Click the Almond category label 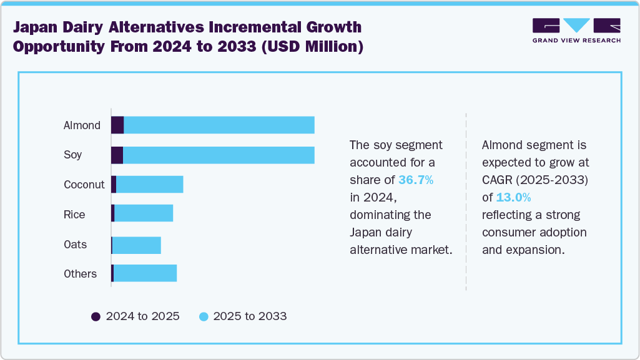(x=82, y=125)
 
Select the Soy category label (x=72, y=155)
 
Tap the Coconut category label (x=84, y=185)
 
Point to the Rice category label (x=74, y=215)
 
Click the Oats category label (x=75, y=245)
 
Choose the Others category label (x=80, y=274)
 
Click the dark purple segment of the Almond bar (x=117, y=125)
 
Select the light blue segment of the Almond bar (x=219, y=125)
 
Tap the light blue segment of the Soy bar (x=219, y=155)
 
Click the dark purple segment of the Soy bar (x=117, y=155)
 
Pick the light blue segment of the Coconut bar (x=150, y=185)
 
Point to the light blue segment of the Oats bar (x=137, y=245)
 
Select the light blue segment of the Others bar (x=145, y=274)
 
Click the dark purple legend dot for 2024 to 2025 (x=96, y=316)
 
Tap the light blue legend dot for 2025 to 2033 (x=203, y=316)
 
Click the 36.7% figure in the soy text (x=416, y=180)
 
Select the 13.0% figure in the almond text (x=513, y=198)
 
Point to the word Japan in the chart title (x=37, y=27)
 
